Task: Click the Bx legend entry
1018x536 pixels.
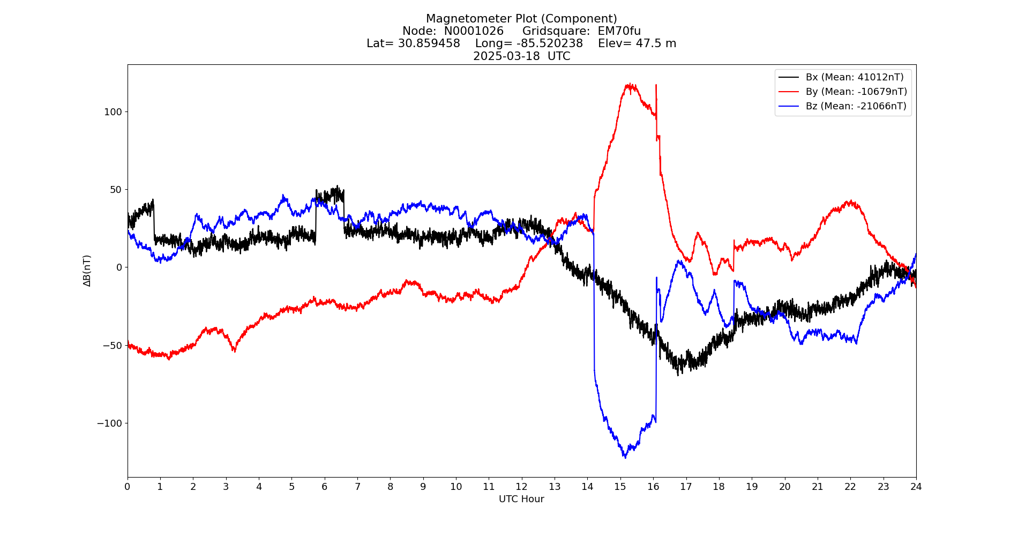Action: (854, 77)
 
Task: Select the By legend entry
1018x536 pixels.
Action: (856, 92)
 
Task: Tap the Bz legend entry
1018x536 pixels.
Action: (856, 106)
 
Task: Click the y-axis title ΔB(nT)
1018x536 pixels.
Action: (87, 271)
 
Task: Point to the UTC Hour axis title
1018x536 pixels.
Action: (521, 499)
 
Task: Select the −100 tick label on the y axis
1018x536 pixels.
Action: (110, 423)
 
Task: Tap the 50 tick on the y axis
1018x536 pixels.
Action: (116, 190)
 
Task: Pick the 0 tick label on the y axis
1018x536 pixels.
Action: (119, 267)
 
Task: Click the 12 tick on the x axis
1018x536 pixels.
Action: (521, 487)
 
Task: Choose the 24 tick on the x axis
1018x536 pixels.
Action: (916, 487)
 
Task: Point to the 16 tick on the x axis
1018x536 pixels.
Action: (653, 487)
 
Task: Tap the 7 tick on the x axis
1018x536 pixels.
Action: (357, 487)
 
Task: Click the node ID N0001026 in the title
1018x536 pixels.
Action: (474, 31)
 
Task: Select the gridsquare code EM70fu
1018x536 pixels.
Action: (619, 31)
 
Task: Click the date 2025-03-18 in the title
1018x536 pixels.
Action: (506, 56)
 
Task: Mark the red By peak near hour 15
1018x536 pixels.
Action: (631, 85)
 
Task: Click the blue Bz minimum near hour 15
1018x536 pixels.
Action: (625, 457)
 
